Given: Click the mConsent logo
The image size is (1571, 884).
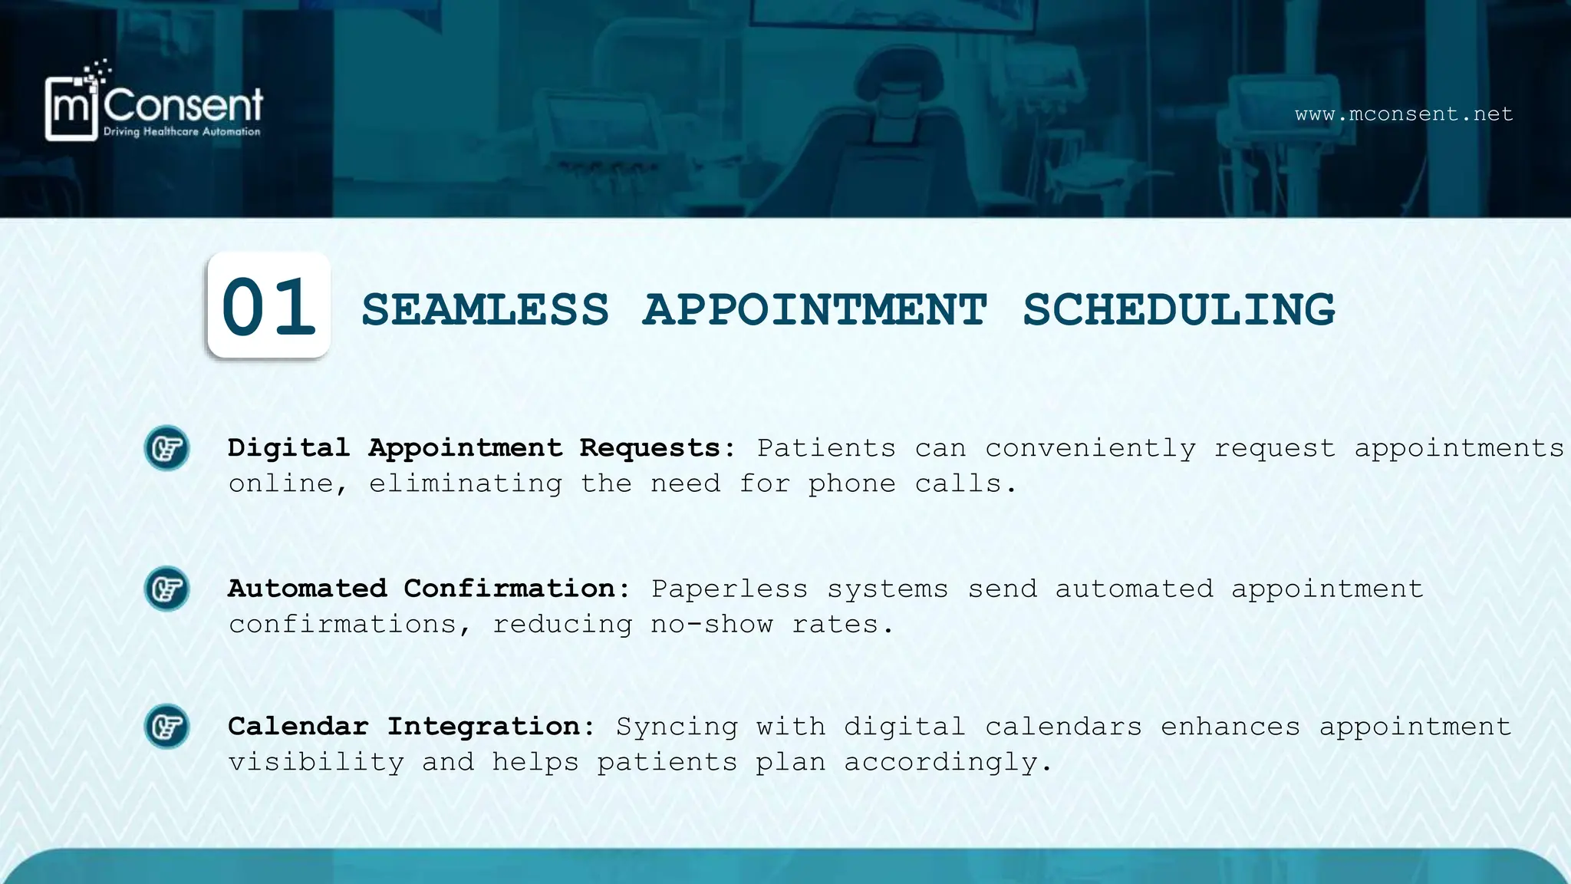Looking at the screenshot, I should click(x=153, y=104).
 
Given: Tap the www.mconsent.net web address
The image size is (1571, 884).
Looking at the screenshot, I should click(x=1404, y=114).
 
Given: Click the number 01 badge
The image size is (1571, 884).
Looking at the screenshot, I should click(x=268, y=305).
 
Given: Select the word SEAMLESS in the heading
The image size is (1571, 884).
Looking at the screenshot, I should click(x=485, y=310).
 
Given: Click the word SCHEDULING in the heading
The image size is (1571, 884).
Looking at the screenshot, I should click(x=1178, y=310).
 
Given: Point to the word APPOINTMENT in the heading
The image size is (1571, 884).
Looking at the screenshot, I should click(x=815, y=310).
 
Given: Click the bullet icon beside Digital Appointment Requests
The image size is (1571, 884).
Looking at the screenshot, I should click(x=166, y=448).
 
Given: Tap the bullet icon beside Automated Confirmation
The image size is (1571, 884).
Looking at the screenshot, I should click(x=166, y=589).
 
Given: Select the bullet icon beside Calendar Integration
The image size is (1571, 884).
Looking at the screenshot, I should click(x=166, y=726).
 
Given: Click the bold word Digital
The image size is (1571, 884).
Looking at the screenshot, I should click(x=288, y=447).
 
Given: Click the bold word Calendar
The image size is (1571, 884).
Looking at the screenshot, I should click(x=298, y=726).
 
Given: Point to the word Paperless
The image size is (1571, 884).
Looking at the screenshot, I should click(x=730, y=589).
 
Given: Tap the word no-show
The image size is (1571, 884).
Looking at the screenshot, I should click(x=711, y=624).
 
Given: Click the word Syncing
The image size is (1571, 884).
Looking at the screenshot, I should click(x=677, y=726).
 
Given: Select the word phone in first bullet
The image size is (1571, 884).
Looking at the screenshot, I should click(x=851, y=483).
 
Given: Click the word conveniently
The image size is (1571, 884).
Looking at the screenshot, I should click(x=1090, y=448).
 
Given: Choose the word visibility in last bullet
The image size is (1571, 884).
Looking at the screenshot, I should click(x=316, y=762).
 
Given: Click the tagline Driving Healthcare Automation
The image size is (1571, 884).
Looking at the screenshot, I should click(x=182, y=132).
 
